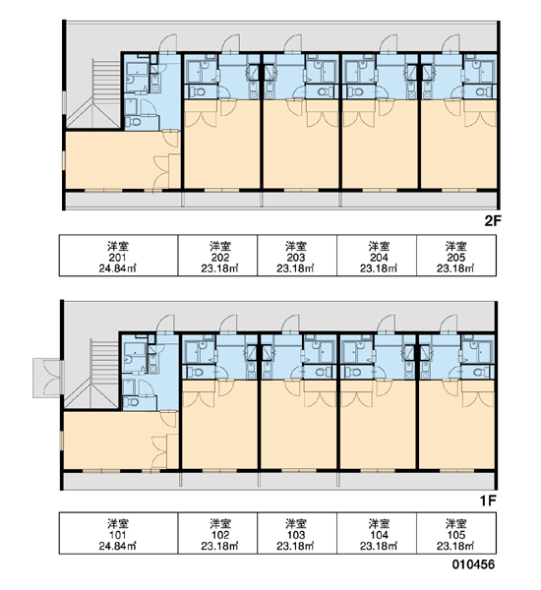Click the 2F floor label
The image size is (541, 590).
[493, 221]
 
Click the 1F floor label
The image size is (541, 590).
[488, 501]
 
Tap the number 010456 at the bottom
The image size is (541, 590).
[473, 564]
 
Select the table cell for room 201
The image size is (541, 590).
[118, 256]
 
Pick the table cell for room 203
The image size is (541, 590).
[297, 256]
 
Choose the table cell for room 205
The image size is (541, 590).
[456, 256]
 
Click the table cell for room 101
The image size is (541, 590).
[118, 533]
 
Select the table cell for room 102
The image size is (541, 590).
[217, 533]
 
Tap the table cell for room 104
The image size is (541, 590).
[377, 533]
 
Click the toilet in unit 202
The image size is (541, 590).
[198, 91]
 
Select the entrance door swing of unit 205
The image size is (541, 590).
[451, 42]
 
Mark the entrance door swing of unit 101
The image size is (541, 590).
[165, 323]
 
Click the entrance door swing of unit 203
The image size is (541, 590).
[292, 42]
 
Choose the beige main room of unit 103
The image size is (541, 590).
[299, 429]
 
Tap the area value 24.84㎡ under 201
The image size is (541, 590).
[117, 268]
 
